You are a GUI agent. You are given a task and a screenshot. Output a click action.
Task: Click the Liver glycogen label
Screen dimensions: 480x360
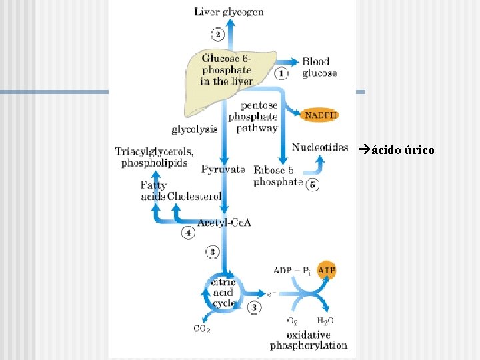(229, 12)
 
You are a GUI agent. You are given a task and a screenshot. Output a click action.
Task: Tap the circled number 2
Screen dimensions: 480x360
(217, 34)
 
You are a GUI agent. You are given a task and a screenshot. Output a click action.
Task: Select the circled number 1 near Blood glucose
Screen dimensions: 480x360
(281, 73)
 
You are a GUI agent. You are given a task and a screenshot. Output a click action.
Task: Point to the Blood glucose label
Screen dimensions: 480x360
(319, 67)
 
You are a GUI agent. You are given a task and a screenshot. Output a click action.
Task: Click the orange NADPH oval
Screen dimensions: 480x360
(320, 115)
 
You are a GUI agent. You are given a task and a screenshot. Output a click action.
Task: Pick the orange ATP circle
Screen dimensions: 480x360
(326, 270)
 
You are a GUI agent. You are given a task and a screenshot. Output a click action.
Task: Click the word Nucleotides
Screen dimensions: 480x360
(320, 147)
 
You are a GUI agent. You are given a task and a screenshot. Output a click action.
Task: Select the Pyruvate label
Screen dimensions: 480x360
(223, 169)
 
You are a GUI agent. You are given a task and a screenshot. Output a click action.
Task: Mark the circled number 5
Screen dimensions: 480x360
(313, 185)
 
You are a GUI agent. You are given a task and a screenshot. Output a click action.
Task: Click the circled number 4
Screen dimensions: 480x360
(188, 233)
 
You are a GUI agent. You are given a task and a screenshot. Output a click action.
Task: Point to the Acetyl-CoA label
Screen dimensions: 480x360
(225, 223)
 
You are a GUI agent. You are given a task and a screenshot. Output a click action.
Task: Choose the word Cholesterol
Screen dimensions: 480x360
(195, 196)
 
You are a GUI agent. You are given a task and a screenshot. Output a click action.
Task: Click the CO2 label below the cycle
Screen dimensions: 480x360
(202, 329)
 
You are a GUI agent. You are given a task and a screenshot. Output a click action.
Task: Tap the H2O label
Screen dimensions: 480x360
(325, 321)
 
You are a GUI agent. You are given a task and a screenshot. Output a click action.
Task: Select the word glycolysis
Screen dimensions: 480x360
(195, 129)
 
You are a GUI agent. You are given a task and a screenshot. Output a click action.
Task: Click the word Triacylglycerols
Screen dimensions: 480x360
(154, 151)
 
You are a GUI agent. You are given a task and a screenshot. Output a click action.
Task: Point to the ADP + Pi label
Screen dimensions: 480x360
(292, 271)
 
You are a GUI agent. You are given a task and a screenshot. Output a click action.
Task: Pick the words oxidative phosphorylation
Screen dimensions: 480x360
(309, 340)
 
